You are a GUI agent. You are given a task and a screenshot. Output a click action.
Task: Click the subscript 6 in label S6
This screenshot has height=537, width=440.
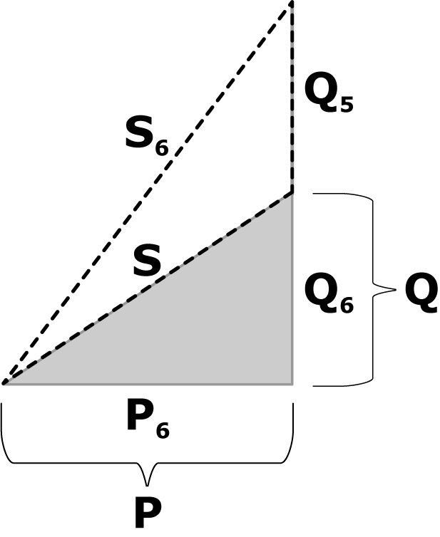(162, 148)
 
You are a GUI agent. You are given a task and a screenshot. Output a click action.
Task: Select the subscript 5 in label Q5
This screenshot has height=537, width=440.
(346, 104)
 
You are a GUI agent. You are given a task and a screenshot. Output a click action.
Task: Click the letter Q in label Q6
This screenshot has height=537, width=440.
(321, 291)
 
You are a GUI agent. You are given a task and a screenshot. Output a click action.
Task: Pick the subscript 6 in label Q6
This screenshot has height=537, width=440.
(347, 304)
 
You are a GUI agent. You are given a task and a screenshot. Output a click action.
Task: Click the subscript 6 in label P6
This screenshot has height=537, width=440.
(163, 430)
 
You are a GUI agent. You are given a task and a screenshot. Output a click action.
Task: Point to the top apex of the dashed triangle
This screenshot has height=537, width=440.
(292, 3)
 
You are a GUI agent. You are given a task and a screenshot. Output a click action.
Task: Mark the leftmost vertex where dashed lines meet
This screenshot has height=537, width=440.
(4, 383)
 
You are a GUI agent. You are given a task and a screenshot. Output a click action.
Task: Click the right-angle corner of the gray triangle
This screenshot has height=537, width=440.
(292, 384)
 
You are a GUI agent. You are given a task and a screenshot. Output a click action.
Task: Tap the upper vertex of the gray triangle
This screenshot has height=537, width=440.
(292, 194)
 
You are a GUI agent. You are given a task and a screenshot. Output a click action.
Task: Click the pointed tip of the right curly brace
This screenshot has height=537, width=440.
(396, 290)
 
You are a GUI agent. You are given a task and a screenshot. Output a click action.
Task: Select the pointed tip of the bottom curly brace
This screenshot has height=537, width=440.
(147, 486)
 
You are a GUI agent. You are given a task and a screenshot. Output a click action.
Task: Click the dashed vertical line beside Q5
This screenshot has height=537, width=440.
(292, 98)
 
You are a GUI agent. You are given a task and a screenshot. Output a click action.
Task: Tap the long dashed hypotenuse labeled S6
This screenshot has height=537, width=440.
(148, 193)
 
